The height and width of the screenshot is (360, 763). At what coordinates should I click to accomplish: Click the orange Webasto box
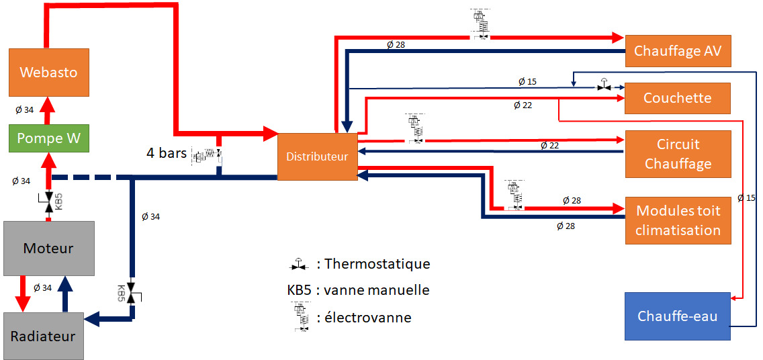(48, 72)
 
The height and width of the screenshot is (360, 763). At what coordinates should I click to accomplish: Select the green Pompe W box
(48, 138)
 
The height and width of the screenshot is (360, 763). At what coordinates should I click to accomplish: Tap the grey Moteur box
(48, 248)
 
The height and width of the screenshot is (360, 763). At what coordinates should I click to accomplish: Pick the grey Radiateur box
(43, 335)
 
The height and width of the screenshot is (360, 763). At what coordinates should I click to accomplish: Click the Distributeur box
(317, 156)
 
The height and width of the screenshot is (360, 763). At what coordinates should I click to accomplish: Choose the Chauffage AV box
(677, 51)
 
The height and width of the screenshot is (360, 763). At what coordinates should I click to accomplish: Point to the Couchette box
(677, 98)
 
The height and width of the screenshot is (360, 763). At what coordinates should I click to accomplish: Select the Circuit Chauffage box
(677, 154)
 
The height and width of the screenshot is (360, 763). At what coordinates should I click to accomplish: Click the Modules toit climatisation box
(677, 220)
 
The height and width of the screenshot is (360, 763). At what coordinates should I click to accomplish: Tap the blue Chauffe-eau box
(677, 316)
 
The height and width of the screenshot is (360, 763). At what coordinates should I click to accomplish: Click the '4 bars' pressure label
(167, 152)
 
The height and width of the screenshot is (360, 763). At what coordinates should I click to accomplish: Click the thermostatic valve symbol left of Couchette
(604, 86)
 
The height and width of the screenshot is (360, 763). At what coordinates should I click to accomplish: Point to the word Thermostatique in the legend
(377, 264)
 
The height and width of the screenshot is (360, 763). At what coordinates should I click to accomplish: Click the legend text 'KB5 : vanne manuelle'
(357, 290)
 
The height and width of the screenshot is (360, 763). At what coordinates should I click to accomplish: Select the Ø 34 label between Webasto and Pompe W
(24, 109)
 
